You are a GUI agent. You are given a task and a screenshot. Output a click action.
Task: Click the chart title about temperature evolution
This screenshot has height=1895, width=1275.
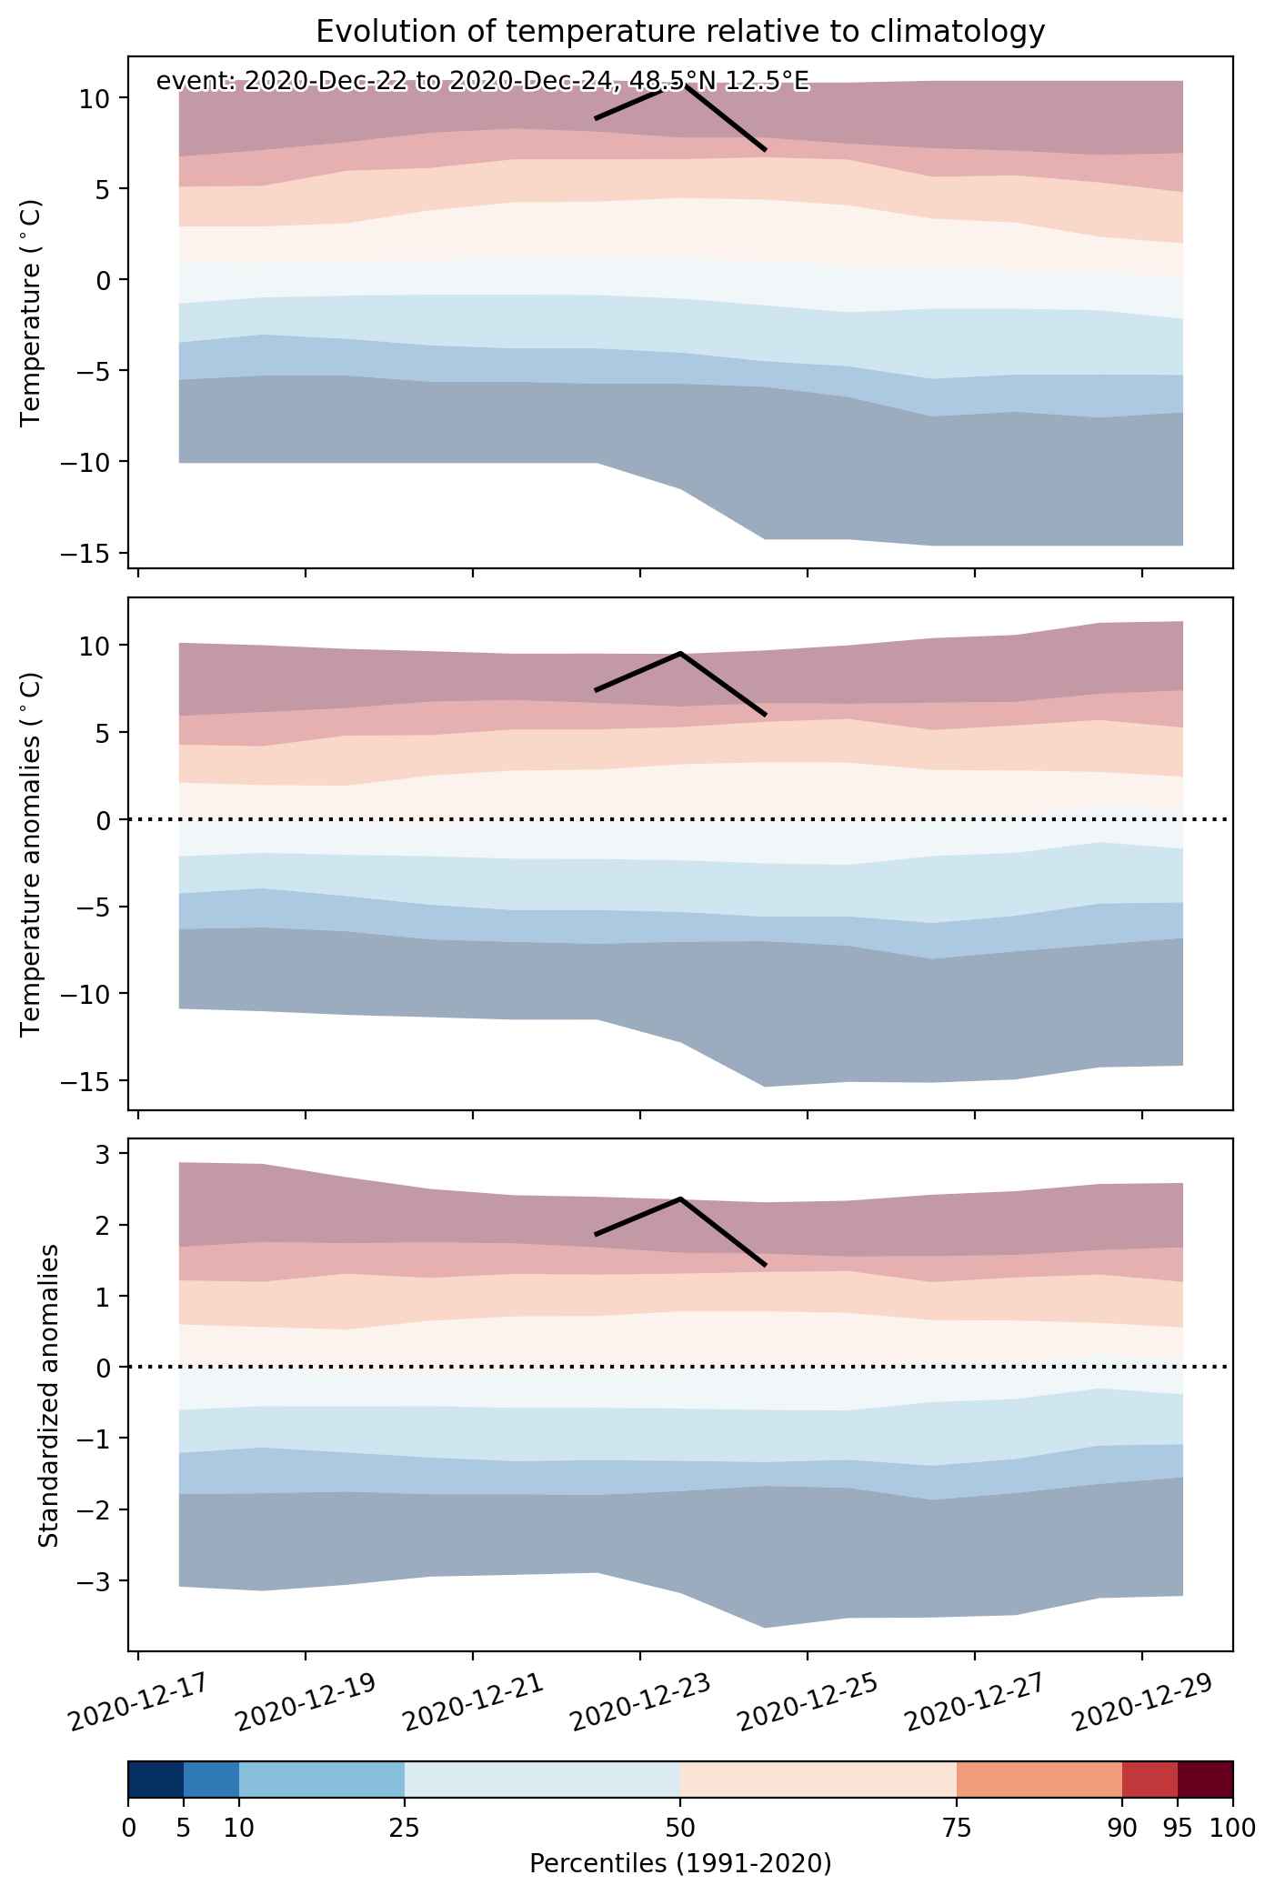tap(680, 33)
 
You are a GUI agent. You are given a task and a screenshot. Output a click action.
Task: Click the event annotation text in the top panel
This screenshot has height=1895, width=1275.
tap(482, 82)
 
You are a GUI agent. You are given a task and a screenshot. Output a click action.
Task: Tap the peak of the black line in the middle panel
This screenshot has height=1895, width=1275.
tap(680, 653)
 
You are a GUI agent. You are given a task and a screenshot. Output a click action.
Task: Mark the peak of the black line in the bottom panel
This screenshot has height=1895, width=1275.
tap(680, 1198)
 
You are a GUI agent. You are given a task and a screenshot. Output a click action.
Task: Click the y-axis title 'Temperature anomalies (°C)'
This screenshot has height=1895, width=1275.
tap(31, 854)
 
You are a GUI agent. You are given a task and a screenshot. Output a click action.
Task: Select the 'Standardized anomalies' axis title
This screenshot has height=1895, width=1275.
tap(49, 1395)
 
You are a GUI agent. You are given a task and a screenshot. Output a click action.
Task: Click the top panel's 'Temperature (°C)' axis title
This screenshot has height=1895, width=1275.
tap(31, 312)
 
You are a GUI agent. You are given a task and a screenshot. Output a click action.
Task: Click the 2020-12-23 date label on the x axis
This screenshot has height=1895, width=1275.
tap(641, 1703)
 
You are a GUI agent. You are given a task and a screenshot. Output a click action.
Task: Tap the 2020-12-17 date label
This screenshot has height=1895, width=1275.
tap(139, 1703)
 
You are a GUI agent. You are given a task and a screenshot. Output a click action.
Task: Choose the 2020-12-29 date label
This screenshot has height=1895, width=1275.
tap(1143, 1703)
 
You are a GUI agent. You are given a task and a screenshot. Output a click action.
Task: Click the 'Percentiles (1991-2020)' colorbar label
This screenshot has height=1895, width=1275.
tap(680, 1863)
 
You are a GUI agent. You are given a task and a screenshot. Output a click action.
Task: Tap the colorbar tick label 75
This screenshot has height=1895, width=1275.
tap(957, 1828)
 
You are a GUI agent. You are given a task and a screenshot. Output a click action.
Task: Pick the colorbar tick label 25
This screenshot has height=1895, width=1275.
tap(405, 1828)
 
